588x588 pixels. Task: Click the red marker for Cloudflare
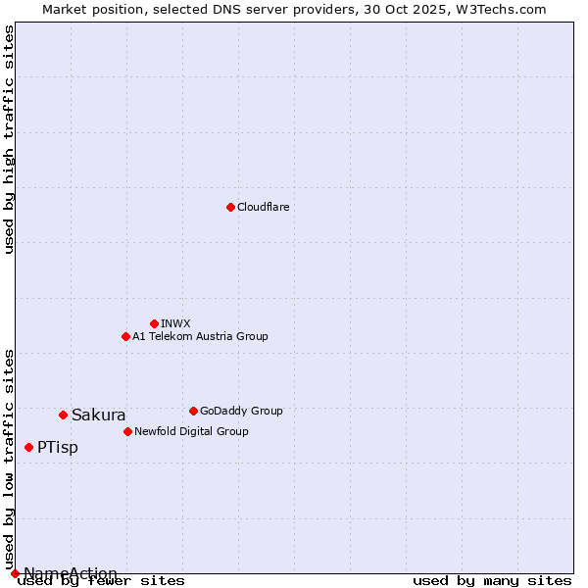click(230, 207)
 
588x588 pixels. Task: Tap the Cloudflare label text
click(263, 207)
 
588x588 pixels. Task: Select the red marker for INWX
click(154, 323)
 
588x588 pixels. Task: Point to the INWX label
click(175, 323)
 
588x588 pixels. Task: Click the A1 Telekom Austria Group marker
click(125, 336)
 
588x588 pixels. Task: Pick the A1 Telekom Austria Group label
click(200, 336)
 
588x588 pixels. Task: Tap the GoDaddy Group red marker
click(193, 411)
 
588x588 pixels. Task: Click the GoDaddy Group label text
click(240, 411)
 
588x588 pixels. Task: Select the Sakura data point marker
click(63, 415)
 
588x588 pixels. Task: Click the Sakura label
click(98, 415)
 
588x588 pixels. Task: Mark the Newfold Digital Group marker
click(127, 431)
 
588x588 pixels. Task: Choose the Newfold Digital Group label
click(191, 431)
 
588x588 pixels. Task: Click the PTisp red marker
click(28, 447)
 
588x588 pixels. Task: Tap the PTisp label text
click(58, 447)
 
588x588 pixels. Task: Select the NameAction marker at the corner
click(15, 573)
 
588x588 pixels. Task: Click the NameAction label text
click(71, 572)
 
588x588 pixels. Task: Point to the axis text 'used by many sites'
click(492, 580)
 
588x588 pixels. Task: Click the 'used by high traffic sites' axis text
click(10, 139)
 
